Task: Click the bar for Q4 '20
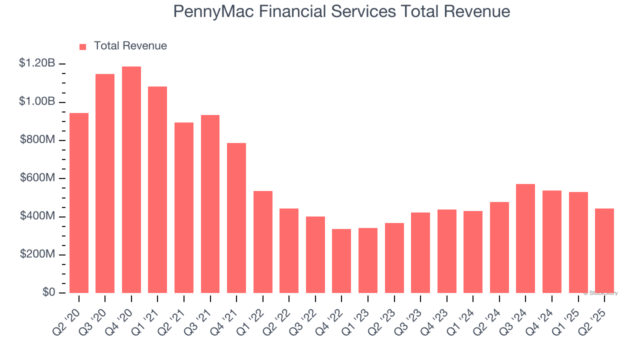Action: click(131, 180)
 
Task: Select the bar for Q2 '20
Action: click(79, 203)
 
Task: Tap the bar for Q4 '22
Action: click(341, 261)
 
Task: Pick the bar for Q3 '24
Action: click(525, 238)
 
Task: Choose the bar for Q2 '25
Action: click(604, 250)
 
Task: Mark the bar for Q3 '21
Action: click(210, 204)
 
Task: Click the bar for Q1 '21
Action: click(157, 190)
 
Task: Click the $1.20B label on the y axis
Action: click(37, 63)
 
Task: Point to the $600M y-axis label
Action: click(37, 178)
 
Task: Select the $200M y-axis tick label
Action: click(37, 254)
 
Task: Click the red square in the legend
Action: click(83, 46)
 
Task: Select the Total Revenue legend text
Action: click(130, 46)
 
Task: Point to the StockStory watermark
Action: click(601, 293)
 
